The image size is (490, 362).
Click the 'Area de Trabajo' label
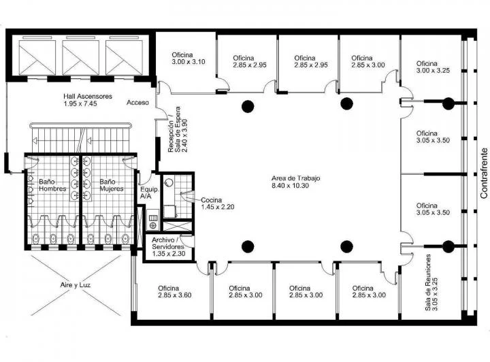[295, 178]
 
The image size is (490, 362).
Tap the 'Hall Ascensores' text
[88, 96]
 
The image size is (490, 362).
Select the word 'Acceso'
[137, 103]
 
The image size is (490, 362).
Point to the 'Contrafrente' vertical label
[484, 173]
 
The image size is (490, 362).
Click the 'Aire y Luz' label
[76, 285]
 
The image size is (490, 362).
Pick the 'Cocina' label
[211, 200]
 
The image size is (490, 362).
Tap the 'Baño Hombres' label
[52, 185]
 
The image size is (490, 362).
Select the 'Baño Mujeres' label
[112, 185]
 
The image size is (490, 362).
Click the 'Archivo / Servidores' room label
[168, 244]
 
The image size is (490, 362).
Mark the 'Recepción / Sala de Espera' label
[174, 129]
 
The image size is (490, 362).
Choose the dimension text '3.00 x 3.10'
[189, 62]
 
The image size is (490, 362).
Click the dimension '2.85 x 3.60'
[175, 295]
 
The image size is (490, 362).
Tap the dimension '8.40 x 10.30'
[290, 186]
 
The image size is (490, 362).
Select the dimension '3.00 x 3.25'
[433, 71]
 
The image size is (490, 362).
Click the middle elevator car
[80, 57]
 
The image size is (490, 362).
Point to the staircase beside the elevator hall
[80, 137]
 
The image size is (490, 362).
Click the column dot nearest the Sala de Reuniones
[448, 246]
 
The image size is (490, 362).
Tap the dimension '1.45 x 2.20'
[218, 207]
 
